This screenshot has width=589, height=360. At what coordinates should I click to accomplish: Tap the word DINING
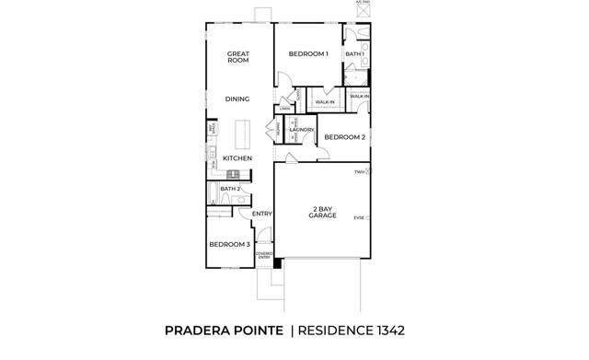(x=238, y=99)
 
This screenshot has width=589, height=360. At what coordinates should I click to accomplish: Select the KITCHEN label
(x=237, y=158)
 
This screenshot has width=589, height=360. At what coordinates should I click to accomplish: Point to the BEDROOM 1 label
(x=308, y=54)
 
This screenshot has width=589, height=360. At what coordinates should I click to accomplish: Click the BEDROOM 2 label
(x=345, y=137)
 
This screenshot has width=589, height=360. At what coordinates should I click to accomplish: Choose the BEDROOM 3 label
(x=228, y=244)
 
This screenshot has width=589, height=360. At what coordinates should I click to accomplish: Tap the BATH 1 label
(x=355, y=54)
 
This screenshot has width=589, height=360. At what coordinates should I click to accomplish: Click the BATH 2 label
(x=230, y=189)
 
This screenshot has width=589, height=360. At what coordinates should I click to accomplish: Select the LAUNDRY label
(x=302, y=130)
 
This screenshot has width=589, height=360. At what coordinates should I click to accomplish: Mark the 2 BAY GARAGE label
(x=322, y=213)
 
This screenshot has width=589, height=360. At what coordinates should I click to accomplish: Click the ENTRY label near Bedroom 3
(x=262, y=214)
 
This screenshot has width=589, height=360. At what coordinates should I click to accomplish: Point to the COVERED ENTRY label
(x=264, y=256)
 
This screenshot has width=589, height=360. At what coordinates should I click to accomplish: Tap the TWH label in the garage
(x=360, y=172)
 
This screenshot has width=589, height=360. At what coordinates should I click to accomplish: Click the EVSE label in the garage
(x=359, y=217)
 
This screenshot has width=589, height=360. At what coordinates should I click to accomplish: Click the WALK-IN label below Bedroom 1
(x=324, y=103)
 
